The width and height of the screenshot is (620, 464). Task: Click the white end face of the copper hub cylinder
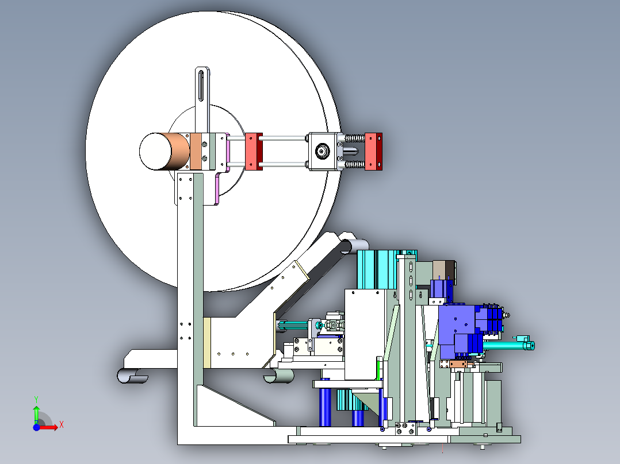[155, 151]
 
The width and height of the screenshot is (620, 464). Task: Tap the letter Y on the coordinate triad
[36, 400]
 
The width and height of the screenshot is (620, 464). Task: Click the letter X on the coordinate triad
[62, 425]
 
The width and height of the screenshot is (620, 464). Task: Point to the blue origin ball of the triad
[36, 427]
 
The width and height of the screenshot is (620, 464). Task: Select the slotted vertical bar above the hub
[202, 99]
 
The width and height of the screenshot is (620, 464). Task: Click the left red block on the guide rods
[254, 152]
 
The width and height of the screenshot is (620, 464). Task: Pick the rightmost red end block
[373, 152]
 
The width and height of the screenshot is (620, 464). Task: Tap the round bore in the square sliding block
[322, 151]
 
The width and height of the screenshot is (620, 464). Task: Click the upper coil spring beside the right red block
[355, 138]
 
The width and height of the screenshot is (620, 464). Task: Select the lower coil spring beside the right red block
[355, 164]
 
